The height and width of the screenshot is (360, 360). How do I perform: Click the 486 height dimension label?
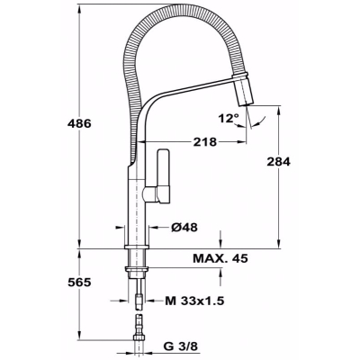click(x=79, y=123)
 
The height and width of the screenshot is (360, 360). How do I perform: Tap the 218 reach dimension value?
click(x=204, y=142)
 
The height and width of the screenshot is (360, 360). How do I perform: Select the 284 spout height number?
click(x=279, y=162)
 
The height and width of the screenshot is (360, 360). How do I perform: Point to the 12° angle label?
click(x=229, y=118)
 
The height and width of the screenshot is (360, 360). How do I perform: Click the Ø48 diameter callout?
click(x=184, y=228)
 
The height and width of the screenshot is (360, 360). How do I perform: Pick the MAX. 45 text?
click(x=220, y=258)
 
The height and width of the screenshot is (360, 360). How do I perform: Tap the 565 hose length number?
click(x=79, y=283)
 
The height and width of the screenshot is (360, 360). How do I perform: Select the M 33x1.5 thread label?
click(x=194, y=301)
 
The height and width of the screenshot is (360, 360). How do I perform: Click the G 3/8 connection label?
click(x=181, y=346)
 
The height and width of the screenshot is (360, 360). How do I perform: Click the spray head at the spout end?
click(x=246, y=91)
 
